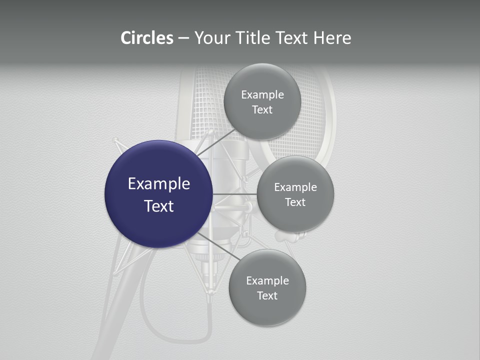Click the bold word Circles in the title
click(147, 38)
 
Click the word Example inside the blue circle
click(158, 183)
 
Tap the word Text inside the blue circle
click(158, 206)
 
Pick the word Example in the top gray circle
click(262, 94)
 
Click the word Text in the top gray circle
click(262, 109)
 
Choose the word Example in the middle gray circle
click(295, 187)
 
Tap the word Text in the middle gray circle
click(295, 202)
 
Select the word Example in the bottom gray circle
click(267, 280)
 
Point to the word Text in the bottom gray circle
click(267, 295)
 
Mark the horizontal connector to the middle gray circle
click(235, 194)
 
